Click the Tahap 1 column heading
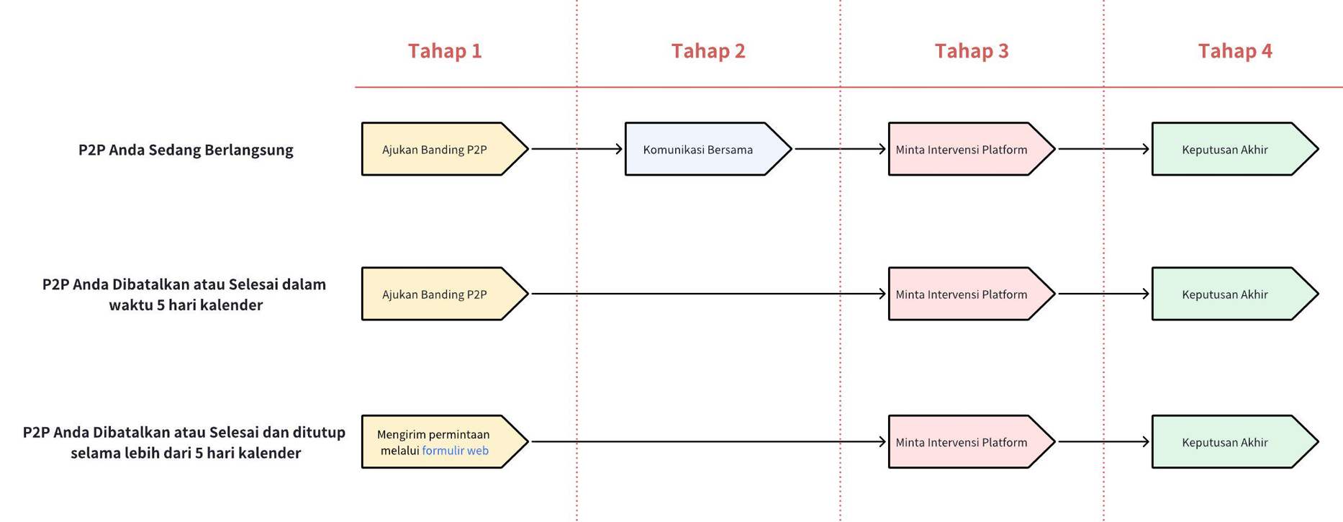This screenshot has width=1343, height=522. pos(445,51)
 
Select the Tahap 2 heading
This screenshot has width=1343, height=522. pos(708,51)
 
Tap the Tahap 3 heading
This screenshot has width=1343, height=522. pos(972,51)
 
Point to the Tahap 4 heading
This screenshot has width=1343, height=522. pos(1235,51)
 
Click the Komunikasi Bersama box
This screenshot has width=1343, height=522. pos(699,150)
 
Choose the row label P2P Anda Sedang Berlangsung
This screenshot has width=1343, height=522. pos(186,150)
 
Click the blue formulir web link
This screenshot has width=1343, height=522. pos(455,451)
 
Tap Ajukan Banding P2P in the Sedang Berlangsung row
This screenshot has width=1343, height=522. pos(435,150)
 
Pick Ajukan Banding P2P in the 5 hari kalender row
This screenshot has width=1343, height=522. pos(435,294)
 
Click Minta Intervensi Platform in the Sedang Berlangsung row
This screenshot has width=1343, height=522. pos(962,150)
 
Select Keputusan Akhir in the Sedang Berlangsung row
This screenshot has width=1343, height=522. pos(1225,150)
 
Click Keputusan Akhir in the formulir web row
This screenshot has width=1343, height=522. pos(1225,443)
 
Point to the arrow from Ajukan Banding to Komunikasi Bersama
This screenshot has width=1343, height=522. pos(576,149)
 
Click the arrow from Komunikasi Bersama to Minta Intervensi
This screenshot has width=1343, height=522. pos(839,149)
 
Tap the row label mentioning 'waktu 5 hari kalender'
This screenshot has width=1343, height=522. pos(185,294)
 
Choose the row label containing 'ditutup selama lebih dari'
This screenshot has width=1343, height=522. pos(185,442)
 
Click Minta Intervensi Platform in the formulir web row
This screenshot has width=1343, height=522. pos(962,443)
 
